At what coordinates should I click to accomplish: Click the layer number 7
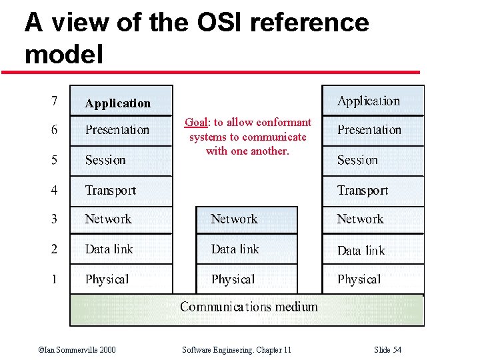point(55,102)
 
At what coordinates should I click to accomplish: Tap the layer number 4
point(54,190)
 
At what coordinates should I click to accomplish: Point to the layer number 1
point(54,279)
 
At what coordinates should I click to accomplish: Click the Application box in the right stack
point(372,101)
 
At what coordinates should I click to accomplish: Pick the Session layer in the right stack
point(372,161)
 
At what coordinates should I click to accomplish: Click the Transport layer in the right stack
point(372,191)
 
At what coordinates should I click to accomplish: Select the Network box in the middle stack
point(246,219)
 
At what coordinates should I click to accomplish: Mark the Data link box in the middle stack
point(246,249)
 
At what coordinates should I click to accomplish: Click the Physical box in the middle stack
point(246,279)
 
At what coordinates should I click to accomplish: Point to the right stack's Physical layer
point(372,279)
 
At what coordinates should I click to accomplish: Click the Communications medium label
point(248,307)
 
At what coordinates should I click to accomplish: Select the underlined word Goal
point(196,123)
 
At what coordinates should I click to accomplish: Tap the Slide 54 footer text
point(388,350)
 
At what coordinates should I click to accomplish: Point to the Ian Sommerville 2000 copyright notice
point(77,350)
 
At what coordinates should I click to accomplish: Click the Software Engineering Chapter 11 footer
point(237,350)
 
